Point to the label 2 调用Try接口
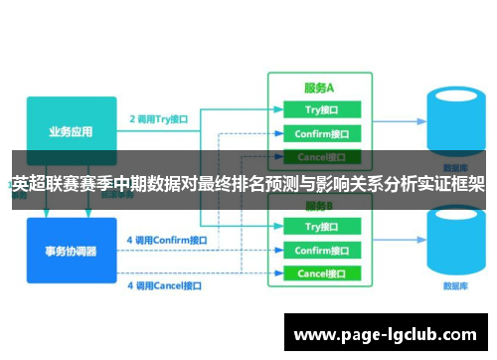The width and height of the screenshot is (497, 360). [159, 119]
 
